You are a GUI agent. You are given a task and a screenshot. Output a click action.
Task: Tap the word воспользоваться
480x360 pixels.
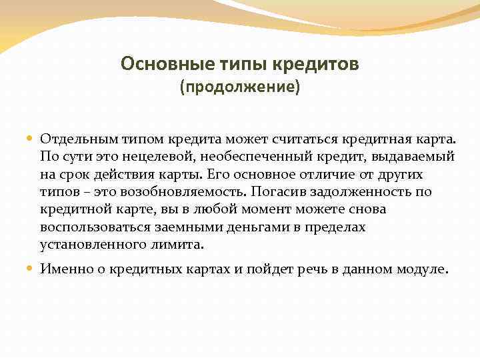click(x=90, y=227)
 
